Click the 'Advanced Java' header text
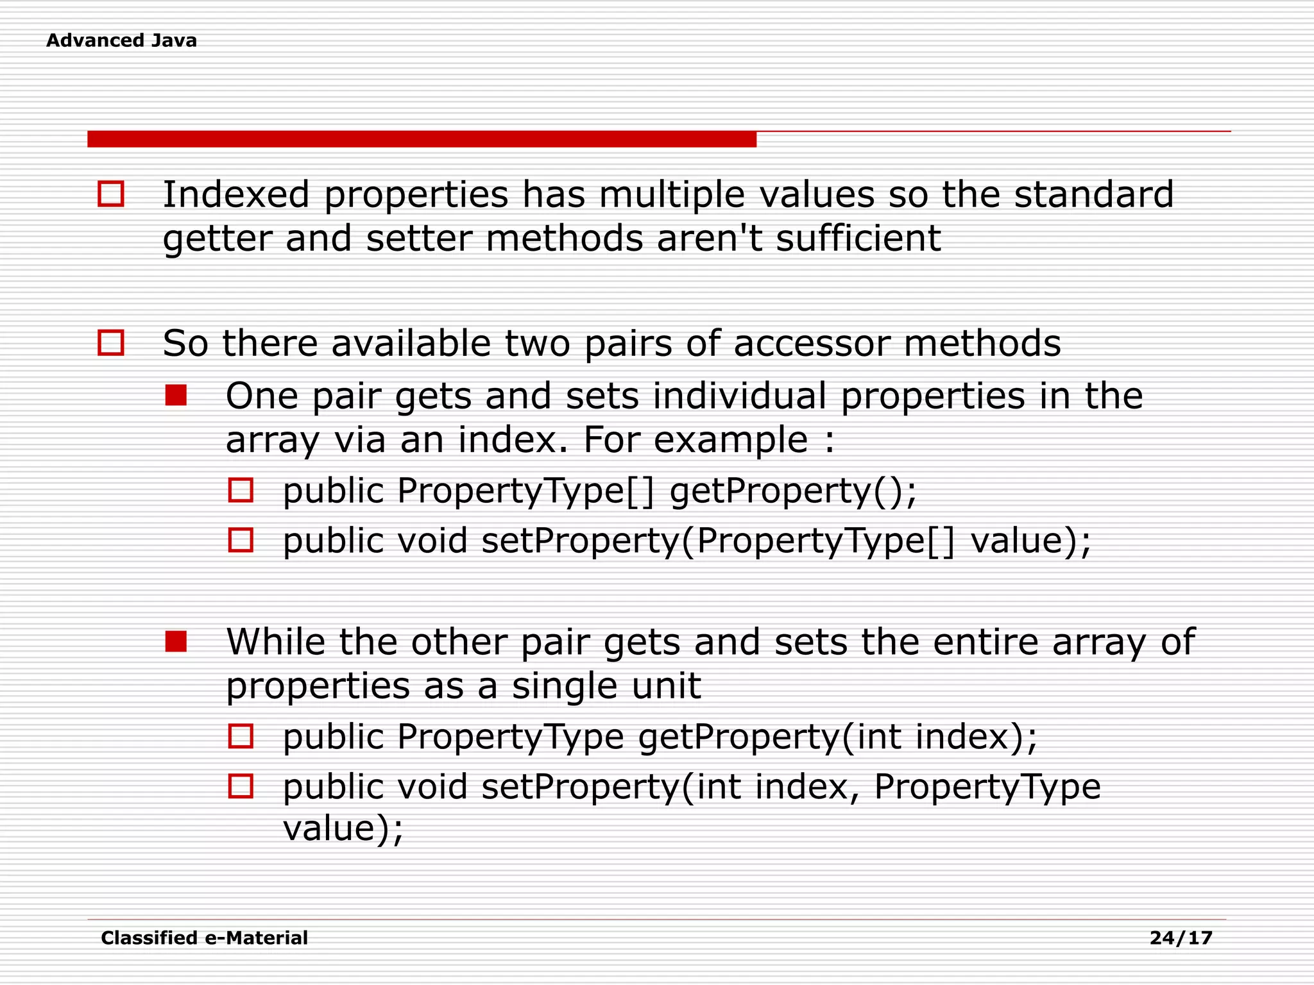click(121, 40)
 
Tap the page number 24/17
click(1181, 938)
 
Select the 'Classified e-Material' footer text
click(204, 938)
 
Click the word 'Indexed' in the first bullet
click(235, 194)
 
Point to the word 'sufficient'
click(858, 239)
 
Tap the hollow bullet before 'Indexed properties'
click(110, 194)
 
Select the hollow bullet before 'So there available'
click(110, 342)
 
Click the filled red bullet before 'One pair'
click(176, 395)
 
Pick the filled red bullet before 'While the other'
click(176, 641)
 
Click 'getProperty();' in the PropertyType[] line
click(793, 491)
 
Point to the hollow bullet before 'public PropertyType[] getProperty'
click(241, 491)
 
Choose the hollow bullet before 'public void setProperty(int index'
click(241, 786)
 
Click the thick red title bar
click(422, 139)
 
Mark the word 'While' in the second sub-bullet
click(275, 642)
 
